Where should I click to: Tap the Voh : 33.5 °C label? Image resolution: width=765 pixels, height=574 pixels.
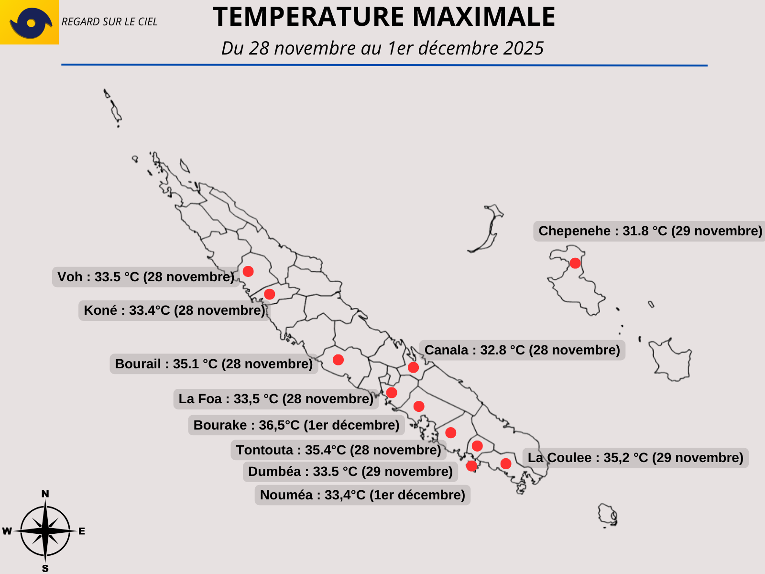point(146,277)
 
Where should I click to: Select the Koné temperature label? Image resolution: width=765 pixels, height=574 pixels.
point(174,310)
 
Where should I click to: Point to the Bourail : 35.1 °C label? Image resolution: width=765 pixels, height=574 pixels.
point(214,364)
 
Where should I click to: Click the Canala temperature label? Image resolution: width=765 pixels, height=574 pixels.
point(522,350)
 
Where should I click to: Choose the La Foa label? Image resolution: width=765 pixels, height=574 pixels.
point(276,399)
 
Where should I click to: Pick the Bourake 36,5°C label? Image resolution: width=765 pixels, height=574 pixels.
point(296,425)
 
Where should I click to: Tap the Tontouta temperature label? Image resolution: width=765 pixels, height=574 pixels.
point(339,450)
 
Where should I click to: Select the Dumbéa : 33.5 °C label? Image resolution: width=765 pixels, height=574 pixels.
point(350,472)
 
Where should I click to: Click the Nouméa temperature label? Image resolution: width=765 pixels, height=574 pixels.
point(362,495)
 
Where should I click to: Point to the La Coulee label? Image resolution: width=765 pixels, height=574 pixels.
point(635,458)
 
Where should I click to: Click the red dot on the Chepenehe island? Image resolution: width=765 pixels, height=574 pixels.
point(575,263)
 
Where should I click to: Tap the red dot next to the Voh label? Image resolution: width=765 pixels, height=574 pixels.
point(248,271)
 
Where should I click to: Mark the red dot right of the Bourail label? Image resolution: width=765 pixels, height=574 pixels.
point(338,360)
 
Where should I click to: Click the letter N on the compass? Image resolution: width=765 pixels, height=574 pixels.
point(45,494)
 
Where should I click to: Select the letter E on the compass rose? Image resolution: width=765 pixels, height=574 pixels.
point(82,531)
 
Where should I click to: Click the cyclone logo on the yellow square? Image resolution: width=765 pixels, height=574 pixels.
point(31,23)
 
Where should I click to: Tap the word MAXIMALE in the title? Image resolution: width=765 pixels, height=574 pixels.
point(484,16)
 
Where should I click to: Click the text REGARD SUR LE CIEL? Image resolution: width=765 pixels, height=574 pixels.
point(109,22)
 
